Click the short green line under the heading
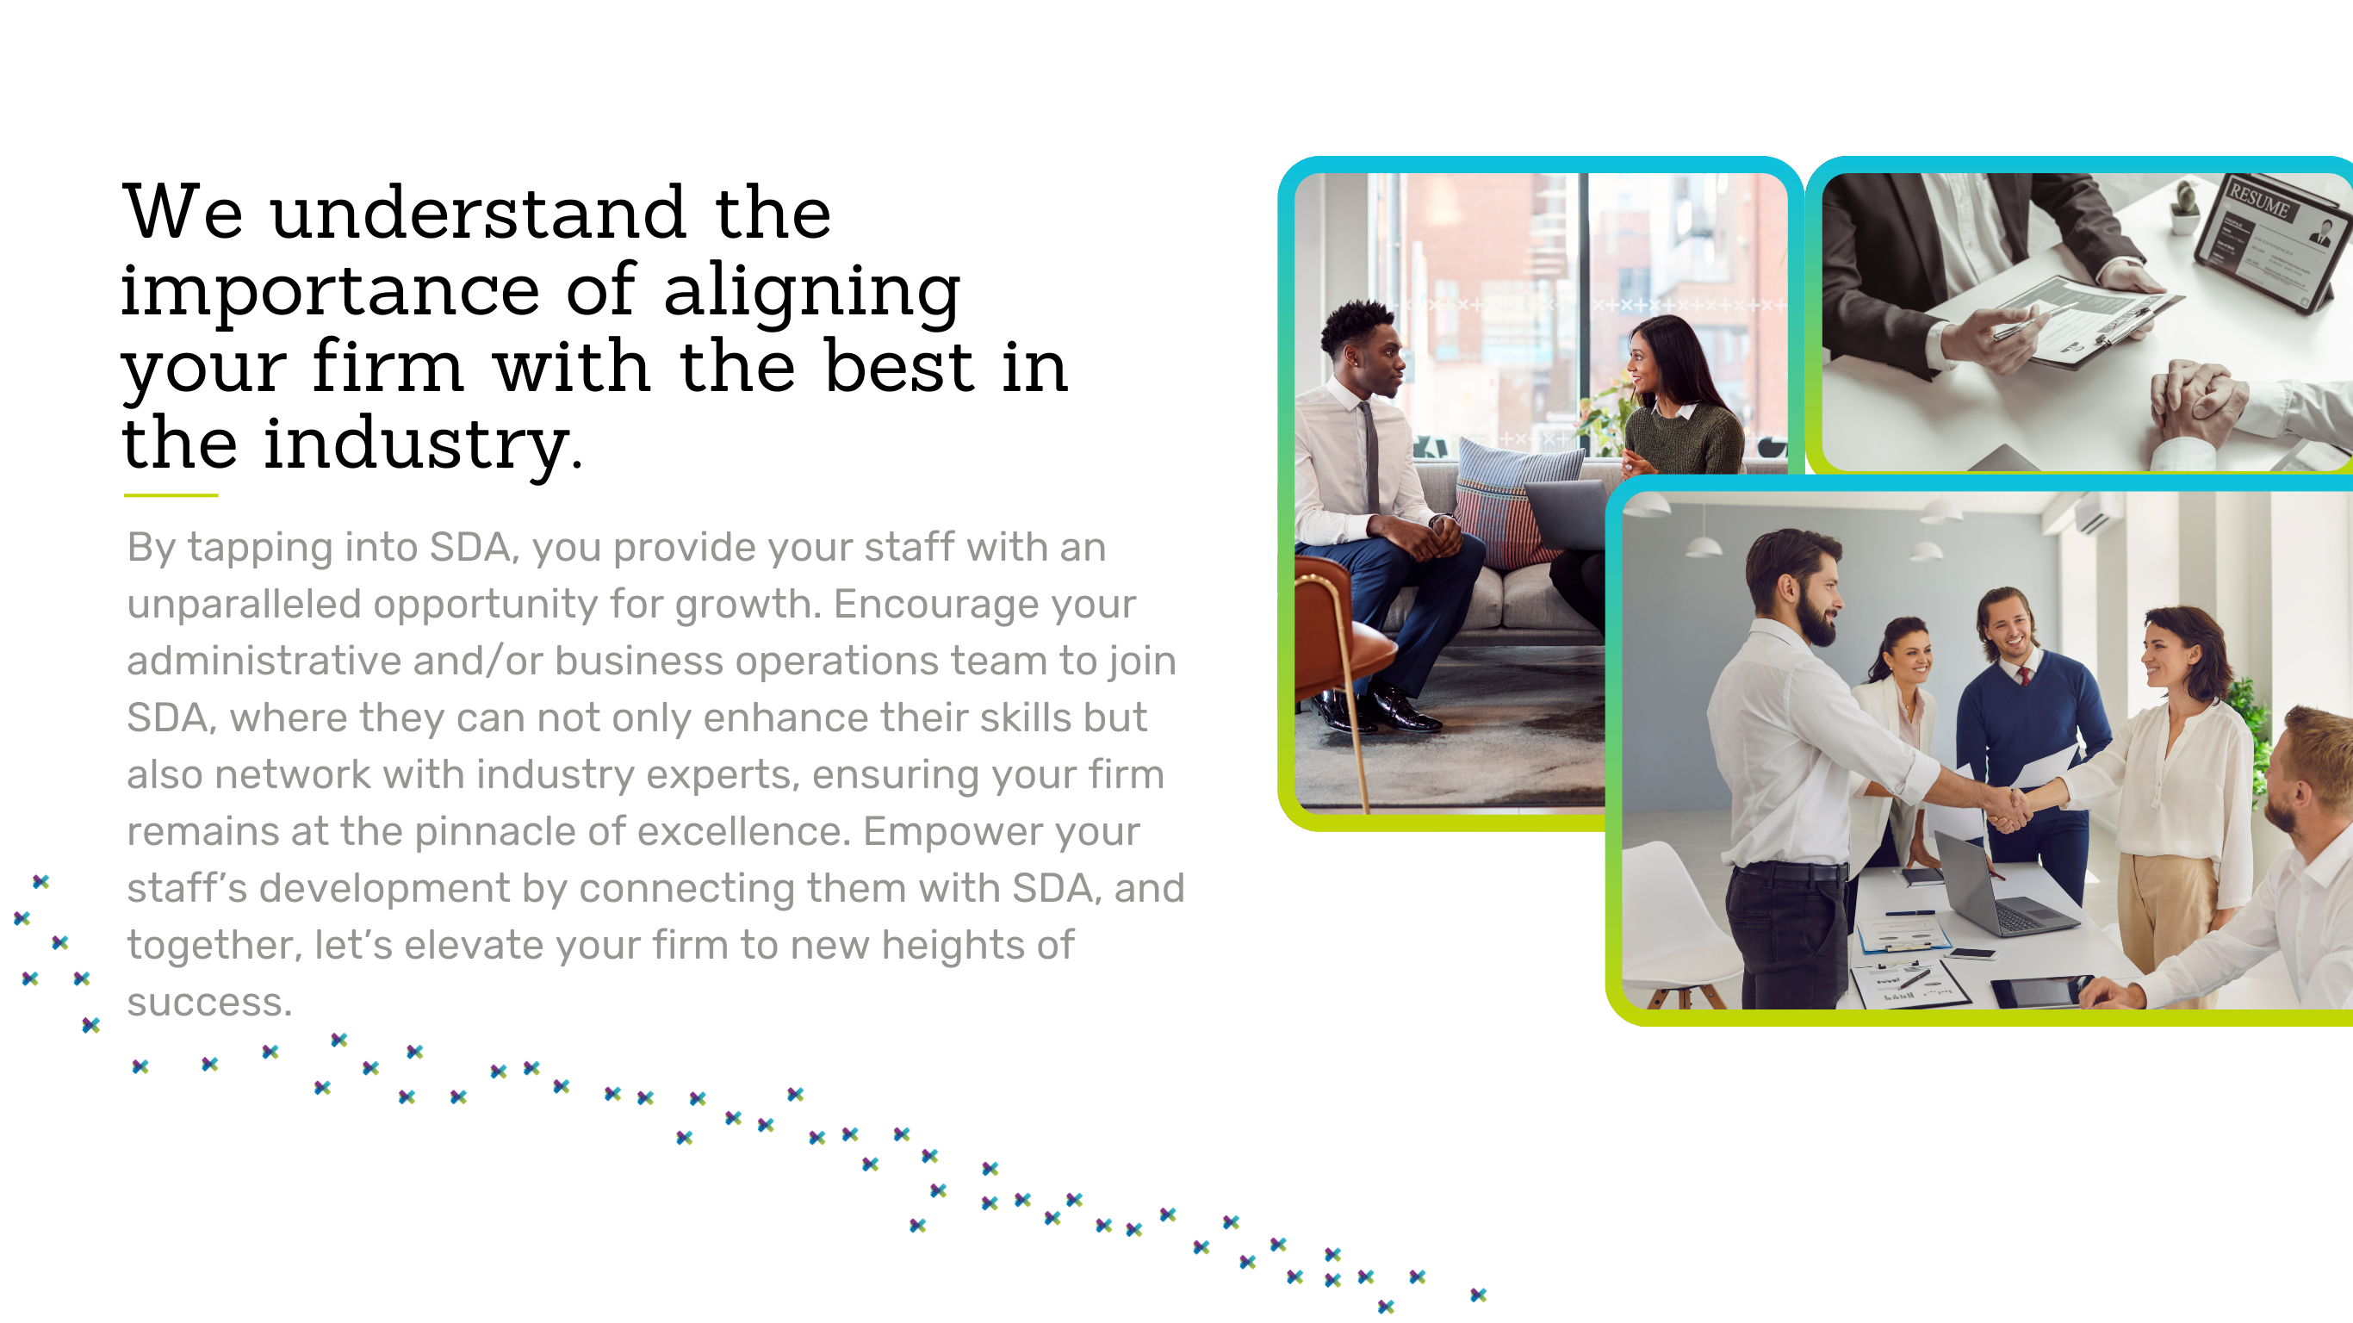(171, 495)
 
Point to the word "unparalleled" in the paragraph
(244, 604)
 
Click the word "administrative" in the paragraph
(264, 661)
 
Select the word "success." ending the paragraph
(209, 1003)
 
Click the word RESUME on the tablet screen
(2257, 200)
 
